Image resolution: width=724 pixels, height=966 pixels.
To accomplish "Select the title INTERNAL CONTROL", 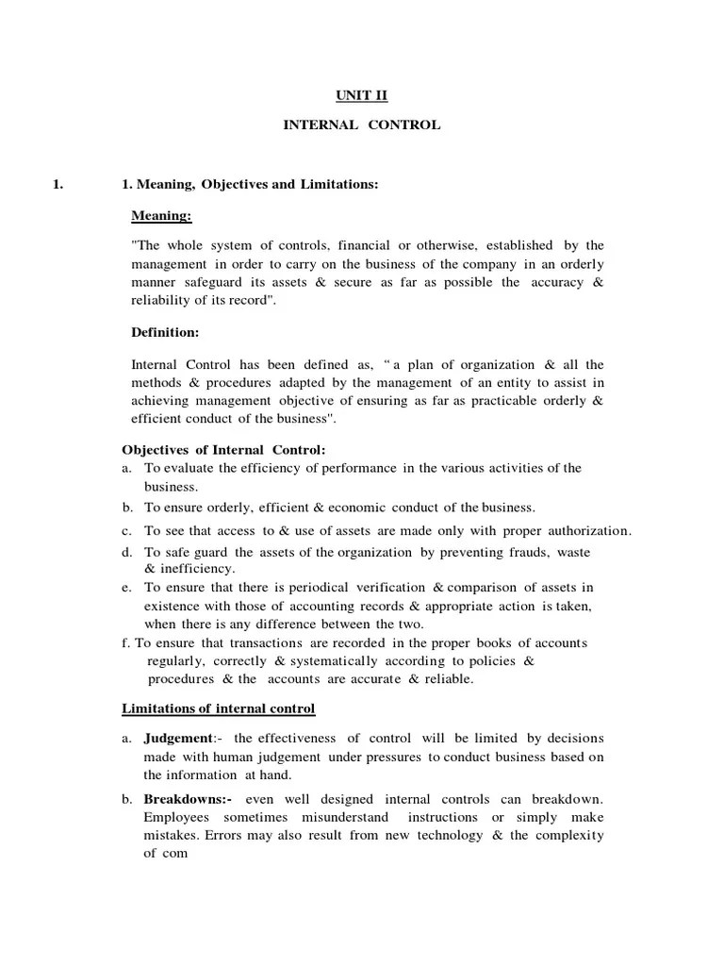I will tap(361, 125).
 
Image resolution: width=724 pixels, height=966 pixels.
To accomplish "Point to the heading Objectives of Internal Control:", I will tap(224, 449).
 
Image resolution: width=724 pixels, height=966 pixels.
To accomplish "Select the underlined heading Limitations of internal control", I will tap(219, 708).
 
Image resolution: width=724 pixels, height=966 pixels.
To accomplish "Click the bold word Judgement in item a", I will tap(177, 738).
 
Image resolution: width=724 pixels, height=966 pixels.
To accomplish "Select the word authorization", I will tap(586, 529).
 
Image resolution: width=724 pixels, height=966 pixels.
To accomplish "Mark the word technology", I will tap(443, 835).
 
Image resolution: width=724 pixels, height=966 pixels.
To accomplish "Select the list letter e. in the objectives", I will tap(126, 587).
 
